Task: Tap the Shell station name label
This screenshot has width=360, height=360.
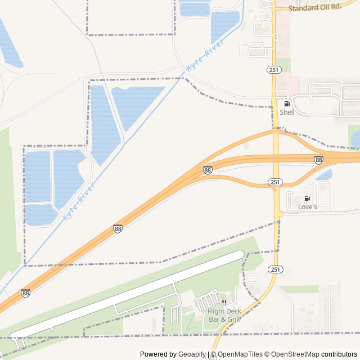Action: pos(287,112)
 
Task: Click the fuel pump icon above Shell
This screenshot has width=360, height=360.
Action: pos(287,104)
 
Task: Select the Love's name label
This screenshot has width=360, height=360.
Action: pos(308,208)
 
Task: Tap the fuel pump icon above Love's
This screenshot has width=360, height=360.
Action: pos(307,199)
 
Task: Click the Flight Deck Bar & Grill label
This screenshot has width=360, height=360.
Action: pos(224,315)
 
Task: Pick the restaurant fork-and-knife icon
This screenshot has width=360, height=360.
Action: pos(224,303)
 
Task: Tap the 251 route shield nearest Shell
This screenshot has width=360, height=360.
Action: pos(273,69)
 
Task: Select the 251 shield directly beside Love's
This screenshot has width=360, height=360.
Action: pos(274,182)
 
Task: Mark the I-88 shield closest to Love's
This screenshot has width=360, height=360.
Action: pos(319,160)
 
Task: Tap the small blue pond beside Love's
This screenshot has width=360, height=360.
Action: pos(324,175)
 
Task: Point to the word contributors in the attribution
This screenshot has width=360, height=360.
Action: pos(339,354)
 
